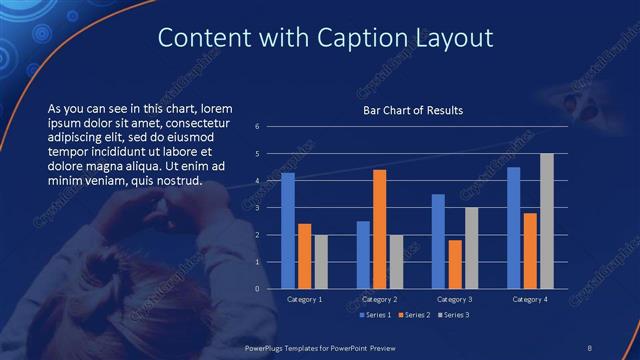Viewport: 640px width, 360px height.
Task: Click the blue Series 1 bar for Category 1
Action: (288, 231)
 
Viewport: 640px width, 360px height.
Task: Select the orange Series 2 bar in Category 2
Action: (379, 229)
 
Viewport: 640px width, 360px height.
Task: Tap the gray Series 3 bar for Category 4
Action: (546, 221)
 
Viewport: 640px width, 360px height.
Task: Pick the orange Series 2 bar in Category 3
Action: (455, 264)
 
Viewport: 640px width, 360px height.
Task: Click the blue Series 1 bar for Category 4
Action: (514, 228)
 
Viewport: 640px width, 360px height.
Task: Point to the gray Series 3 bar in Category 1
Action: (320, 262)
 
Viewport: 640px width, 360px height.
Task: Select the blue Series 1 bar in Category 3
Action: (438, 241)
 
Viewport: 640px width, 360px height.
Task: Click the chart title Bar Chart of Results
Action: (412, 110)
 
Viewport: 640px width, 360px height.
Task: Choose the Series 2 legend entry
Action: (412, 315)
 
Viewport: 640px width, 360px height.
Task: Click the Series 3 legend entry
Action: (453, 315)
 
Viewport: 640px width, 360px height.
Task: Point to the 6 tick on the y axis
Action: (258, 127)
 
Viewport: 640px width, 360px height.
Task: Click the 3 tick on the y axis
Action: (258, 208)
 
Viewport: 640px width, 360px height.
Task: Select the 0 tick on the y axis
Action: (258, 289)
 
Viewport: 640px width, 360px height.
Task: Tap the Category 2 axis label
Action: (379, 299)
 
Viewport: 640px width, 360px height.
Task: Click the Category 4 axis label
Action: (530, 299)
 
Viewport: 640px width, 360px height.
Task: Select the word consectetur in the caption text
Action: (201, 122)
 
